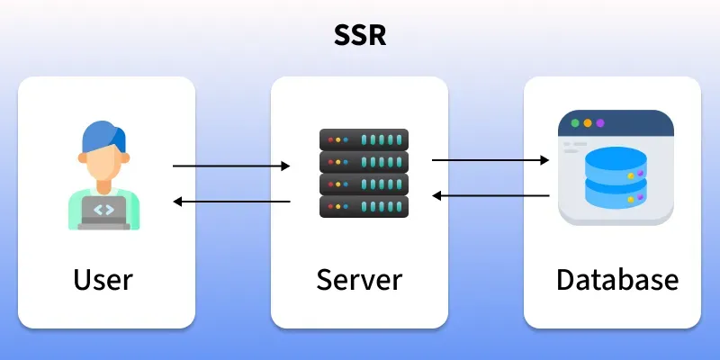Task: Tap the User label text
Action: [x=103, y=279]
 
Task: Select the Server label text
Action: [x=359, y=279]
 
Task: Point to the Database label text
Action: [x=617, y=279]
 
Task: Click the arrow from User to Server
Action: [x=231, y=166]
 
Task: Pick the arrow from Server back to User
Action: [x=231, y=202]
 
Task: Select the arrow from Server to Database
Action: [x=490, y=160]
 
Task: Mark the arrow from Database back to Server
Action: [x=490, y=194]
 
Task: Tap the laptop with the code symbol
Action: [x=103, y=212]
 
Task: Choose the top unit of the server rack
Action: [x=364, y=140]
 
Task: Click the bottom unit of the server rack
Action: [x=364, y=207]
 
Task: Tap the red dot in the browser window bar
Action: [x=573, y=122]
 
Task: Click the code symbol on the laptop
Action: [x=103, y=210]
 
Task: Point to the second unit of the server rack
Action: [x=364, y=163]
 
